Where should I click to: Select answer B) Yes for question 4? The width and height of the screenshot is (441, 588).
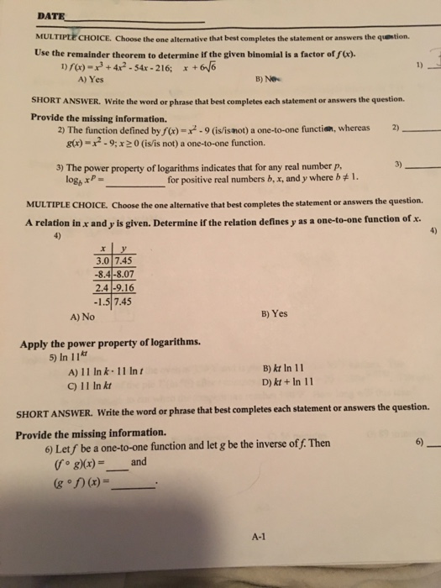pos(274,313)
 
